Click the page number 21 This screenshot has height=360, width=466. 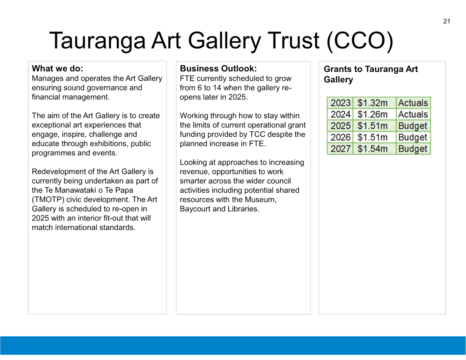pos(447,21)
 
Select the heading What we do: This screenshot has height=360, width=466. pos(57,68)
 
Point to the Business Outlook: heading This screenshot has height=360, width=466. pos(218,68)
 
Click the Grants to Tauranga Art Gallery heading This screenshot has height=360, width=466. pos(371,74)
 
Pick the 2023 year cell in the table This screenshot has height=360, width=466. pos(340,103)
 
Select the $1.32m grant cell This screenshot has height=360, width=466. pos(372,103)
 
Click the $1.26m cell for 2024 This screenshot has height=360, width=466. pos(372,114)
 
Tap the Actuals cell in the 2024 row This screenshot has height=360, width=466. pos(413,114)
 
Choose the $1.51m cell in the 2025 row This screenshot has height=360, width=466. pos(372,126)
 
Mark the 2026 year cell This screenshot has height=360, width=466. pos(340,137)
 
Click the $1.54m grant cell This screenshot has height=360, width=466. pos(372,149)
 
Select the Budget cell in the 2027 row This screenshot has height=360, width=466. pos(413,149)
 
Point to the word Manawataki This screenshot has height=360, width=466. pos(79,190)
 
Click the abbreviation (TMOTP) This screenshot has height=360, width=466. pos(48,200)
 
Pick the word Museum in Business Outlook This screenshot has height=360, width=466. pos(261,200)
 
